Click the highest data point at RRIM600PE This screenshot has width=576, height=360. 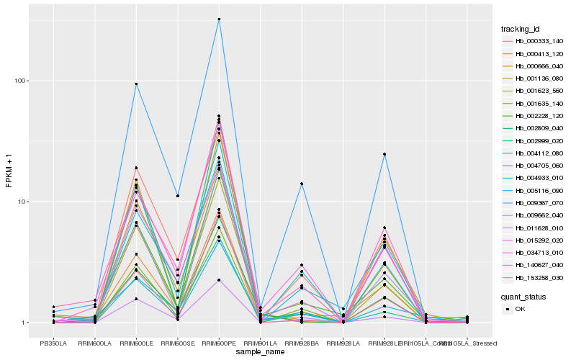(x=219, y=19)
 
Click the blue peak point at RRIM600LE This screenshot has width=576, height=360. (x=136, y=84)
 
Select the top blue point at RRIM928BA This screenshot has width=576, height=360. (x=302, y=184)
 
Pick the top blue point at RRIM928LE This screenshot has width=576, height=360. (x=384, y=154)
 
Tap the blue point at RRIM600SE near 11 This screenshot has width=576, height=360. (x=177, y=196)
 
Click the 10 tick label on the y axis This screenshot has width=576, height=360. (x=24, y=202)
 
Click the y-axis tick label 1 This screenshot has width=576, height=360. (x=26, y=323)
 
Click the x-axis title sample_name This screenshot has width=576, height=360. (x=260, y=353)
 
